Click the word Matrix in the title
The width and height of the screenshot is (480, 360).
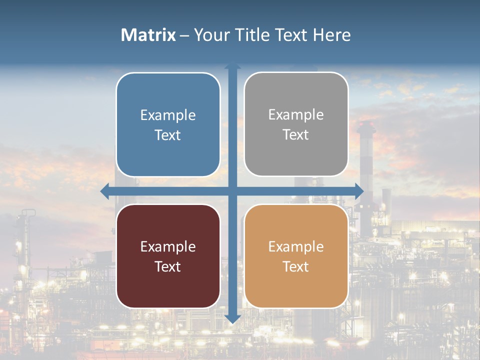(x=148, y=35)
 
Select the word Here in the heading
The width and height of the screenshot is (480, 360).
(x=331, y=35)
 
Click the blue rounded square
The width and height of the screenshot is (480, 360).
(x=168, y=124)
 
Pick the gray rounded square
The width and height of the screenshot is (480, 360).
(x=296, y=124)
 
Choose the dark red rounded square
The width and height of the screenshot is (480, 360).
(x=168, y=256)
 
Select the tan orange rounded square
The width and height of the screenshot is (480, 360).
(x=296, y=256)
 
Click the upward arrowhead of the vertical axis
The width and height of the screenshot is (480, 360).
(x=232, y=66)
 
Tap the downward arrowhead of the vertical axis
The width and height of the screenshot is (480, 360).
(x=232, y=318)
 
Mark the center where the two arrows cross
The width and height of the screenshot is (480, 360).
(x=232, y=191)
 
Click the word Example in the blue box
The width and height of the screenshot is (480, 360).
(x=168, y=115)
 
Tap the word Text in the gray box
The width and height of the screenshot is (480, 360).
(x=296, y=135)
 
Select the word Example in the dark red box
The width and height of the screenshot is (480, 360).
(x=168, y=247)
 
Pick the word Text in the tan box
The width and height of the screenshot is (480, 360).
(x=296, y=267)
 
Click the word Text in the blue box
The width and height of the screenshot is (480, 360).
(x=168, y=135)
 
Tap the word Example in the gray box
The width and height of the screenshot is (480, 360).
(x=296, y=115)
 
